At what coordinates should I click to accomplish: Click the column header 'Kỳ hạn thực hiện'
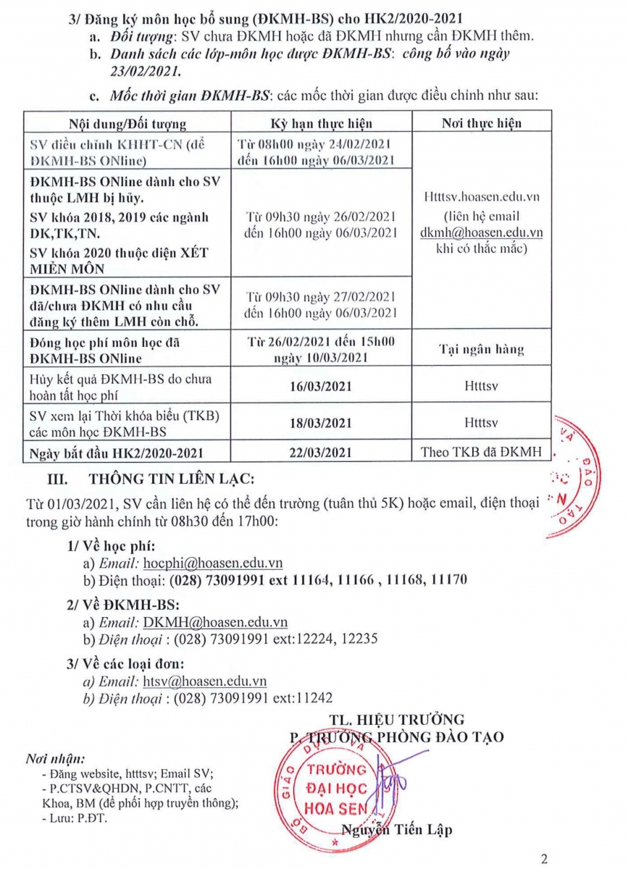321,123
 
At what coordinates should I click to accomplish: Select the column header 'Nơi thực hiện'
481,123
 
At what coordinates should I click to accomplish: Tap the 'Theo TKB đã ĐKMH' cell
481,453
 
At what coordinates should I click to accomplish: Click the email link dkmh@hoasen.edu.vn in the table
481,232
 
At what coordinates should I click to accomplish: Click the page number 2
544,860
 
